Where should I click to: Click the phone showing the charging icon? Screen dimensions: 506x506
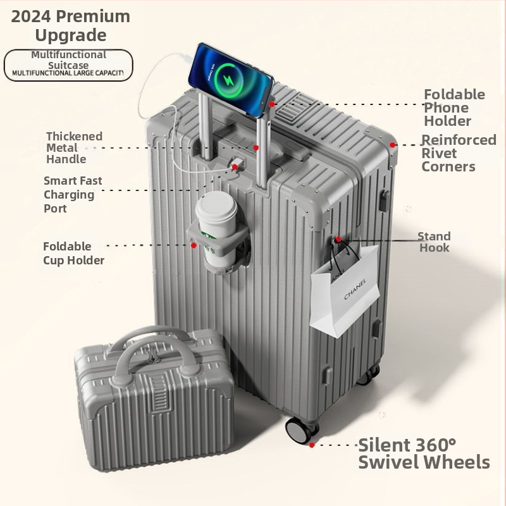click(231, 80)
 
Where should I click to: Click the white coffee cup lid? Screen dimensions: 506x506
click(216, 207)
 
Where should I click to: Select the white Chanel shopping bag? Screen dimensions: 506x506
click(345, 290)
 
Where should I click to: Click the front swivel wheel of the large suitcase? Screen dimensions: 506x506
click(299, 430)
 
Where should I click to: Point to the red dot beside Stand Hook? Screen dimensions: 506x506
click(338, 240)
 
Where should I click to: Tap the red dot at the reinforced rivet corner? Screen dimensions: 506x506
click(392, 145)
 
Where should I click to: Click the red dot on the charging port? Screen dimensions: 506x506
click(235, 167)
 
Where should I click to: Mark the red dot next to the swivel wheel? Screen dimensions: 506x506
click(312, 445)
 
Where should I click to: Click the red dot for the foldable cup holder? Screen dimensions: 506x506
click(194, 245)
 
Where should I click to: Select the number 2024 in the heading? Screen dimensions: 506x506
click(31, 16)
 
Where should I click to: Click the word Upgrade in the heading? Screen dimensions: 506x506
click(71, 35)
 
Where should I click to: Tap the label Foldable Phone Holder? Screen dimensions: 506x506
click(454, 108)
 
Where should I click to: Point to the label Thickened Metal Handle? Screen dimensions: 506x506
click(74, 147)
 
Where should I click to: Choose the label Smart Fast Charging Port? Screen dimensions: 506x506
click(73, 194)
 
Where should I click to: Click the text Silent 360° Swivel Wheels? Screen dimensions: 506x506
click(424, 454)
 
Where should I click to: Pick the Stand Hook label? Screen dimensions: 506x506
click(434, 242)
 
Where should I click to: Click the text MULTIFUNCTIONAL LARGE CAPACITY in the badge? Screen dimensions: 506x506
click(68, 73)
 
